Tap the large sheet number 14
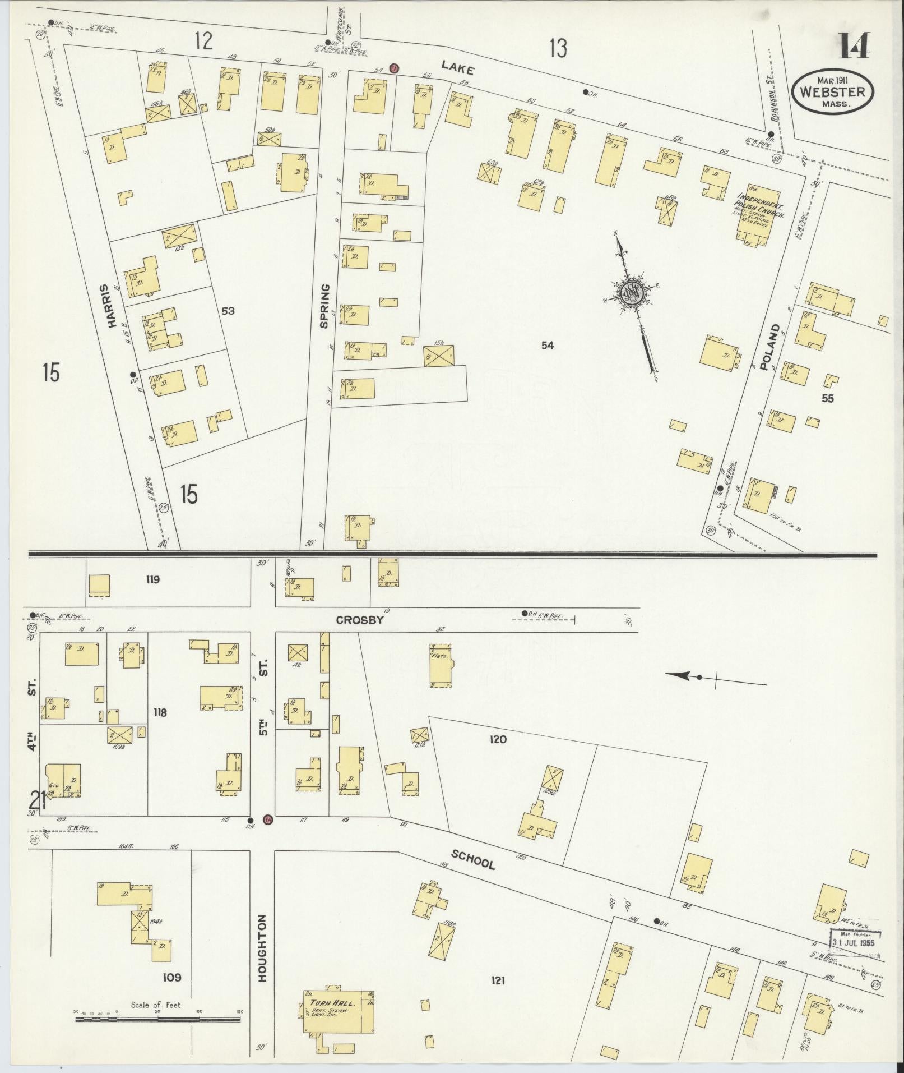854,46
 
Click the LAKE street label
457,68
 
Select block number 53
228,311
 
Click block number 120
497,739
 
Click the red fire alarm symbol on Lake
394,68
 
